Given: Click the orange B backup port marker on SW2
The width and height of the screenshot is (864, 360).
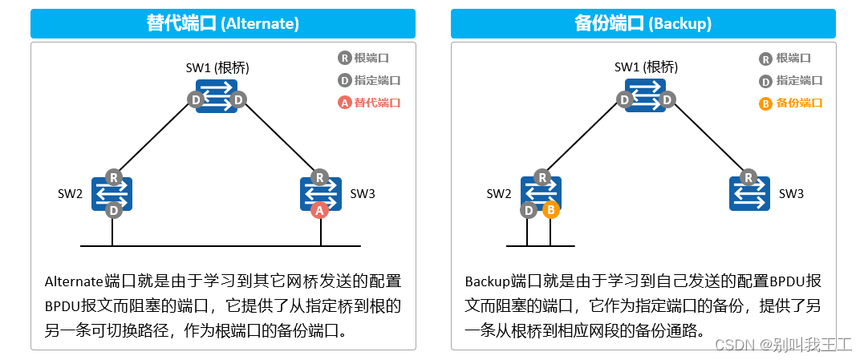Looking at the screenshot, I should pos(550,210).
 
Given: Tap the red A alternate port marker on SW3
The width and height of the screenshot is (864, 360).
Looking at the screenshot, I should pos(319,210).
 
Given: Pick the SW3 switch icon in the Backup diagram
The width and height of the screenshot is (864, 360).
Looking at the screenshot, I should pos(749,194).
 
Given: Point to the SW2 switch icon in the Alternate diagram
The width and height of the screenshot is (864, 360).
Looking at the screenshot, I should pos(112,193).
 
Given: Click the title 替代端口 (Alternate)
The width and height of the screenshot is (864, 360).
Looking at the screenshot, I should pos(223,23).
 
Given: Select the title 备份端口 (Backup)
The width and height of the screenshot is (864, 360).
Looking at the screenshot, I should pos(643,23).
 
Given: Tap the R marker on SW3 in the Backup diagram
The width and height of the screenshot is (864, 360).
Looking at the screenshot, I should pos(748,177).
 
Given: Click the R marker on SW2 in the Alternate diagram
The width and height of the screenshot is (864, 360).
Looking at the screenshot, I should pos(114,177).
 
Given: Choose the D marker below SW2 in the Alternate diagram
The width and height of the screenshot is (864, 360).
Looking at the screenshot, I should pos(114,210).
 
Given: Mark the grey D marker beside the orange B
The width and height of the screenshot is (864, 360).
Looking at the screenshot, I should pos(528,210).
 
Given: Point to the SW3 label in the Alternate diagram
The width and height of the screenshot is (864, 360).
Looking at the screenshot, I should pos(363,193).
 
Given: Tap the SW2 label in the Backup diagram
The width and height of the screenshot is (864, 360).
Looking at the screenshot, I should pos(499,193).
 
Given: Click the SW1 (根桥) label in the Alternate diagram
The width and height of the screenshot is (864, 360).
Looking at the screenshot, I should pos(217,67).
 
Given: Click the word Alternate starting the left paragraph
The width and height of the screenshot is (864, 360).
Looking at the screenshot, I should pos(74,281).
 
